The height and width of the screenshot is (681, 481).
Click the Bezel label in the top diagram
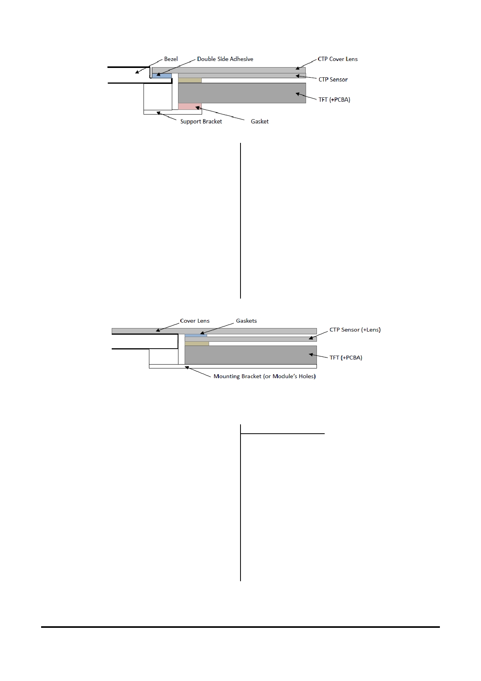[171, 59]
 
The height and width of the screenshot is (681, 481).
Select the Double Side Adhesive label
[225, 59]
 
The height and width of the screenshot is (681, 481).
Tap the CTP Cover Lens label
[337, 59]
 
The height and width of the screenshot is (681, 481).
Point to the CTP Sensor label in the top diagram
[333, 80]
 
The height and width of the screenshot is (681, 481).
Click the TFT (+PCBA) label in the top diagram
[334, 100]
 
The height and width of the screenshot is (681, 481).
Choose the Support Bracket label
[201, 122]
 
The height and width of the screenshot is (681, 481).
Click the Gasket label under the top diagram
[260, 122]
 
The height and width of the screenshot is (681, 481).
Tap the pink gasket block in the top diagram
[190, 106]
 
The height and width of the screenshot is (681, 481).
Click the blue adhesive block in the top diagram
[162, 76]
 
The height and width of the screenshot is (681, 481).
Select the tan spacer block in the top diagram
[190, 80]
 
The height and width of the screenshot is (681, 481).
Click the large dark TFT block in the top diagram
[242, 93]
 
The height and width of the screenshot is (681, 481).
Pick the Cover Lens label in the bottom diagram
[195, 321]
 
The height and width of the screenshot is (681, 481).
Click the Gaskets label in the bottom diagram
[246, 321]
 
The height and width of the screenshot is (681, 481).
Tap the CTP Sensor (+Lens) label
[355, 330]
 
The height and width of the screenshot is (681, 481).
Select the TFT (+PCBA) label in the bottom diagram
[346, 358]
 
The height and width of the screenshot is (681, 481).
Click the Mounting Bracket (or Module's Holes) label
[265, 376]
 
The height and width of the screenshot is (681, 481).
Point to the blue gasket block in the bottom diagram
[196, 335]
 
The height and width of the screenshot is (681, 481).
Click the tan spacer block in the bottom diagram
[197, 344]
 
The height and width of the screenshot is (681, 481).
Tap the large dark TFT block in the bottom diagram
[251, 355]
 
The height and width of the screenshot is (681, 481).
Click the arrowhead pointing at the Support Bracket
[159, 113]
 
